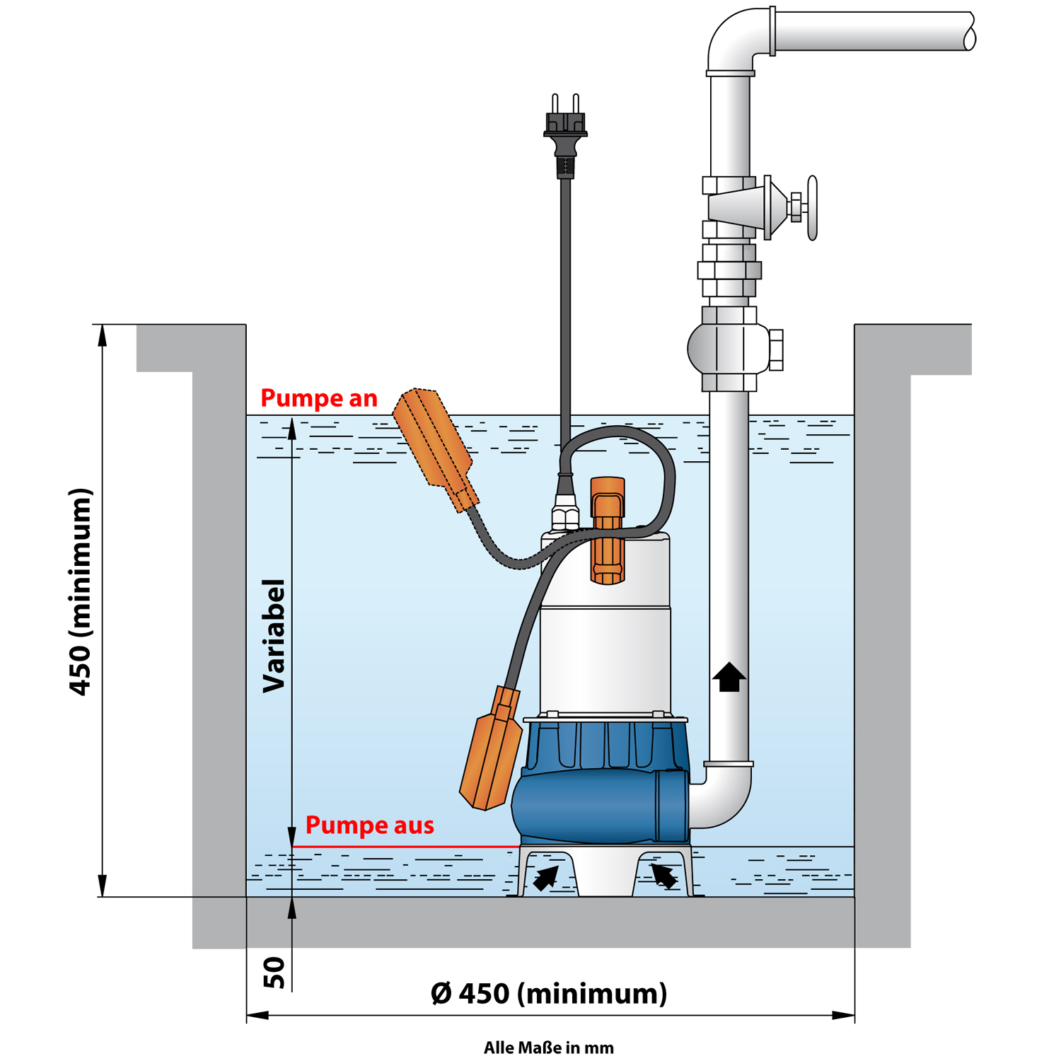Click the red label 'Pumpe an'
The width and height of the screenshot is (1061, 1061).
tap(319, 398)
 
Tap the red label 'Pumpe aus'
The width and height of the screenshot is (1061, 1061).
tap(369, 825)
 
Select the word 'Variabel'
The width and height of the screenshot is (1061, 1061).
tap(274, 635)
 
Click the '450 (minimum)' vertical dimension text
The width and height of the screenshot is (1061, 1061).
tap(81, 591)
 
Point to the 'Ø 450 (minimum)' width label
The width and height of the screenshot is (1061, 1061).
tap(549, 993)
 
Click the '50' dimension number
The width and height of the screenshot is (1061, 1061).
tap(274, 973)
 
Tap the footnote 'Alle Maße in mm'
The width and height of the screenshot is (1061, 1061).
tap(549, 1048)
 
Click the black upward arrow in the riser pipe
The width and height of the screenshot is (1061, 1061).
tap(729, 677)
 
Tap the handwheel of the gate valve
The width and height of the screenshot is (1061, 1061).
tap(812, 208)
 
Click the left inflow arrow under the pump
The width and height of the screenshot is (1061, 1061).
tap(545, 878)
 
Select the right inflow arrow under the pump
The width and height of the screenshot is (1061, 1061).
tap(663, 876)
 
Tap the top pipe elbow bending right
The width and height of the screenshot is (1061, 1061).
tap(736, 39)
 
